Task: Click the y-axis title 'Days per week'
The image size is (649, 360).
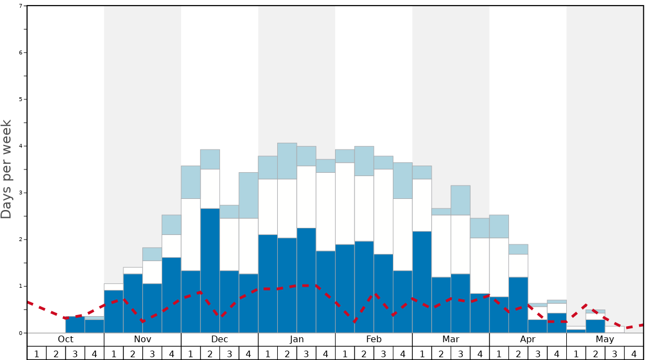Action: [x=7, y=169]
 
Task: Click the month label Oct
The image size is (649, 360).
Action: [x=66, y=339]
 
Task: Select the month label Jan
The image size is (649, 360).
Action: [x=297, y=339]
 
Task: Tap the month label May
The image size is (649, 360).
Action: [x=605, y=339]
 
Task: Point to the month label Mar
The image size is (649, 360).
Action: [x=451, y=339]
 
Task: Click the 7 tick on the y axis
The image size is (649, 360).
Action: [x=21, y=6]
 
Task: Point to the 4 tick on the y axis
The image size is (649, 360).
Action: [x=21, y=146]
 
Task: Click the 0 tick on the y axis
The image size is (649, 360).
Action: [x=21, y=333]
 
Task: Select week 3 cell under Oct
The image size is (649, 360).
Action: [x=75, y=353]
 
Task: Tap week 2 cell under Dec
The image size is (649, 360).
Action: [x=210, y=353]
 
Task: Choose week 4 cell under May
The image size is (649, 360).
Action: [x=634, y=353]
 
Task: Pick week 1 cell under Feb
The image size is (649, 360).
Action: [x=345, y=353]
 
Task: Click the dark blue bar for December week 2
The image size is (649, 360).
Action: [x=210, y=271]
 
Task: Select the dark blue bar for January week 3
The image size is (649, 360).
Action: [x=306, y=281]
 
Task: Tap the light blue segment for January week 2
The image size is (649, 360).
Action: [x=287, y=161]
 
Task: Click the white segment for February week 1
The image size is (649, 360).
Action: [x=345, y=203]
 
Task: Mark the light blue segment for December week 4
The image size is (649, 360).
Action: [x=248, y=195]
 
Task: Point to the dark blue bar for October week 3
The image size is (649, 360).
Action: [x=75, y=325]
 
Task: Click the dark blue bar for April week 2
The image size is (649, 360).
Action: [x=518, y=305]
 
